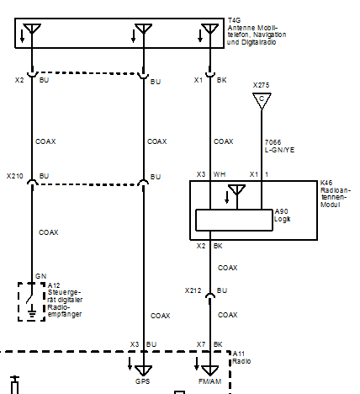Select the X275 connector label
260,85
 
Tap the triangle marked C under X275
261,100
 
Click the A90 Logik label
283,215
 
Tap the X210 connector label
14,176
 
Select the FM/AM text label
209,381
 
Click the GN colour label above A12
40,275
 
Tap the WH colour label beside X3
219,174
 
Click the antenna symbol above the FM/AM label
209,370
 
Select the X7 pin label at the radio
200,344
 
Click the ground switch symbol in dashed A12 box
32,301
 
